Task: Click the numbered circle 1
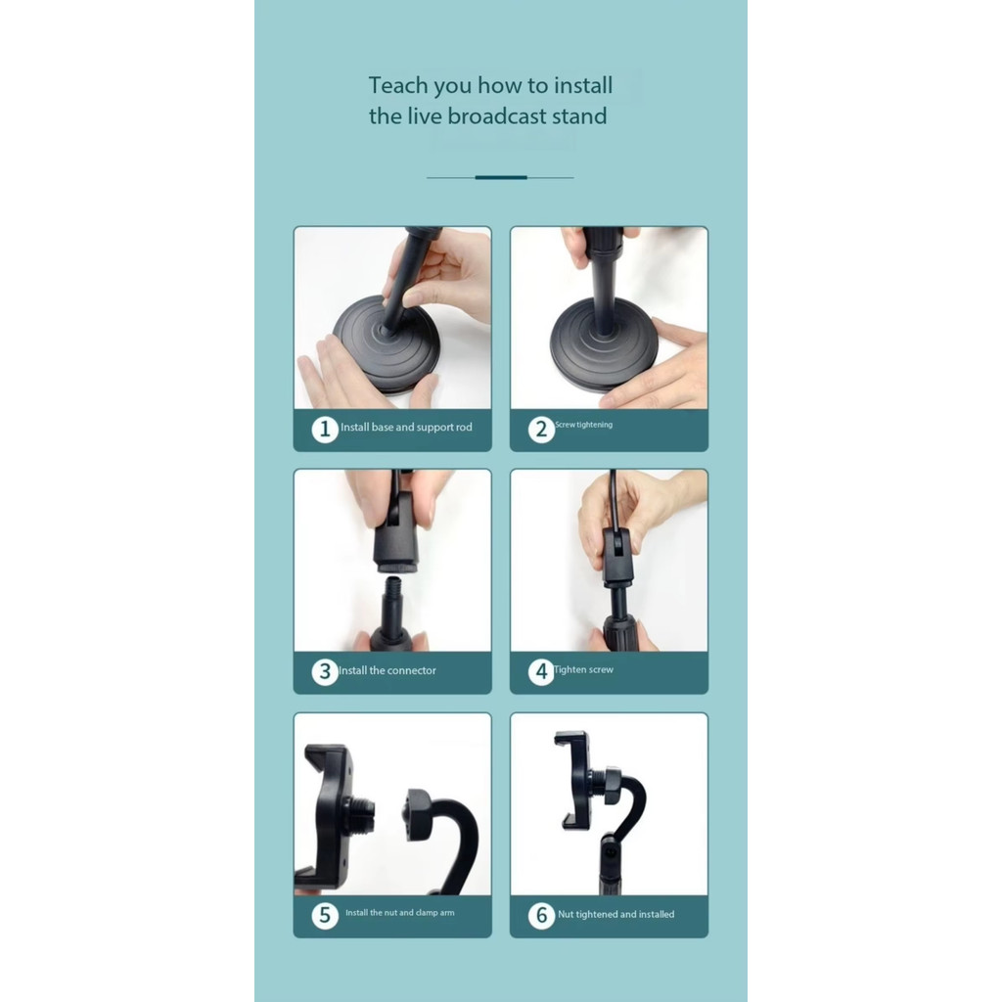tap(325, 429)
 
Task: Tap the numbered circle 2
tap(541, 429)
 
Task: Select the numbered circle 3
tap(325, 671)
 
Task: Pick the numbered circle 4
tap(541, 671)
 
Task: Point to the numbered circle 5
tap(325, 915)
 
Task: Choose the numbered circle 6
tap(541, 915)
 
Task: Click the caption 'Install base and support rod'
tap(406, 427)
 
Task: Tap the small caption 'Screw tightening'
tap(583, 425)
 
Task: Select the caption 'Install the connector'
tap(387, 670)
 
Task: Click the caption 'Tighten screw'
tap(583, 669)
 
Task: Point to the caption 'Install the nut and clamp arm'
tap(400, 913)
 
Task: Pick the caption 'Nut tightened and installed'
tap(616, 915)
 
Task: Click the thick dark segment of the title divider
tap(501, 178)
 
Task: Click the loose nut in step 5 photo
tap(419, 816)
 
